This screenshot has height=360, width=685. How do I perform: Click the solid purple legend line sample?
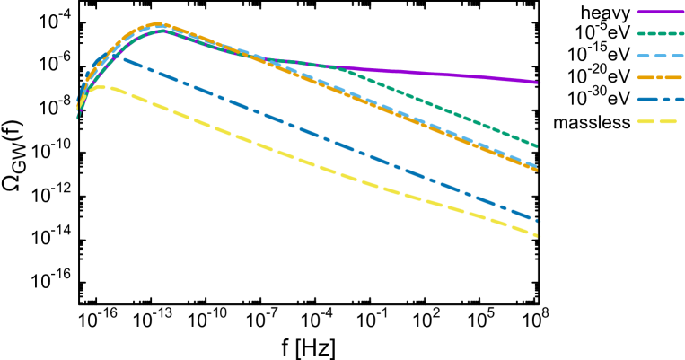point(660,12)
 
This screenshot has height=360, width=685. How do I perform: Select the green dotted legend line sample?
point(660,33)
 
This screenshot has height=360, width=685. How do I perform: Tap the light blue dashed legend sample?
point(660,56)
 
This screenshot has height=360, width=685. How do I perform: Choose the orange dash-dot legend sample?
point(660,77)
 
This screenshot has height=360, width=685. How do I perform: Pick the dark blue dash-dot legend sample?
point(660,99)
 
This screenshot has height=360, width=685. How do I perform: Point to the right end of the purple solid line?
point(540,83)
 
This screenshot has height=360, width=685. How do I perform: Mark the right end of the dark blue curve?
point(539,220)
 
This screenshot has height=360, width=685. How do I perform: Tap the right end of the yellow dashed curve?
point(539,236)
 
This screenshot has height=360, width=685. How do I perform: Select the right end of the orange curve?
point(539,171)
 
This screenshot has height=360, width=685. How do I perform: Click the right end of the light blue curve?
point(538,167)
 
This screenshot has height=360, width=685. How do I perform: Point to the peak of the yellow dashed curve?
point(101,87)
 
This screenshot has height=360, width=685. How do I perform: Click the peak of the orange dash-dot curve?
point(158,24)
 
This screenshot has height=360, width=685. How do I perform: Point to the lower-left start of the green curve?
point(77,118)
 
